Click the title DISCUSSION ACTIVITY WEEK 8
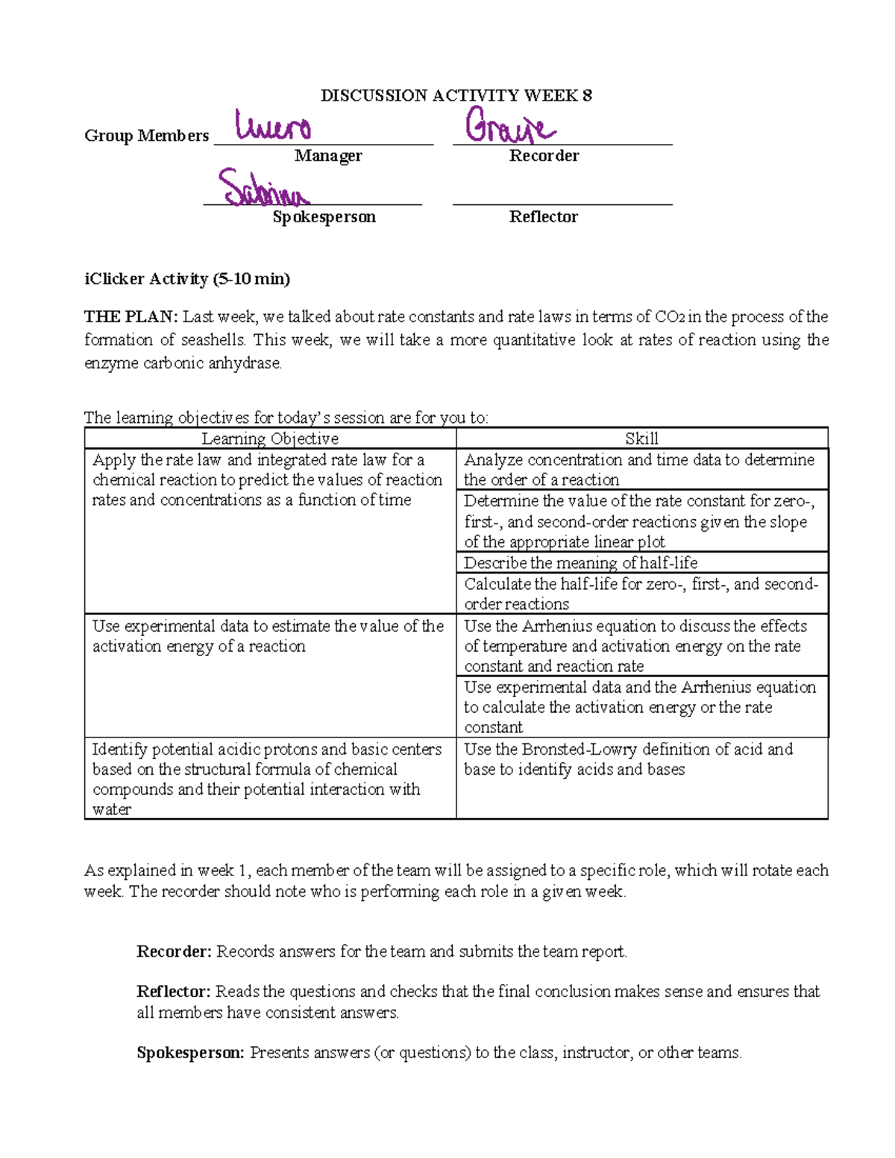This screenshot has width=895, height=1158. tap(456, 95)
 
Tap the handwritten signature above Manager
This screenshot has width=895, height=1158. tap(273, 127)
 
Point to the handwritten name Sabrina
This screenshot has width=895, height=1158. tap(262, 189)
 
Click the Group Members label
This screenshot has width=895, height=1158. tap(146, 136)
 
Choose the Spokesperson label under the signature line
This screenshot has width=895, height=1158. tap(324, 217)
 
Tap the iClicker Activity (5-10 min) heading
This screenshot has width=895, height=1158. tap(187, 279)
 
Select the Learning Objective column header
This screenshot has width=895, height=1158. tap(270, 438)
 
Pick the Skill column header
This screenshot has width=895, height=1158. tap(641, 438)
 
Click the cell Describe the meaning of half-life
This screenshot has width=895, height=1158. tap(580, 563)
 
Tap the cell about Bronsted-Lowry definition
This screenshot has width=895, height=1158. tap(628, 759)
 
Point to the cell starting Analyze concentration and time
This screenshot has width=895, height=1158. tap(638, 470)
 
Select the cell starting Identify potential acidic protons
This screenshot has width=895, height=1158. tap(266, 778)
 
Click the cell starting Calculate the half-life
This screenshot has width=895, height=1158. tap(640, 594)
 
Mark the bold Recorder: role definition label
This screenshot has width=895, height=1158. tap(175, 951)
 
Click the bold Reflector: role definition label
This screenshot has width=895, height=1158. tap(174, 992)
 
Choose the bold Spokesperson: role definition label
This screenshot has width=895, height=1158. tap(190, 1053)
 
